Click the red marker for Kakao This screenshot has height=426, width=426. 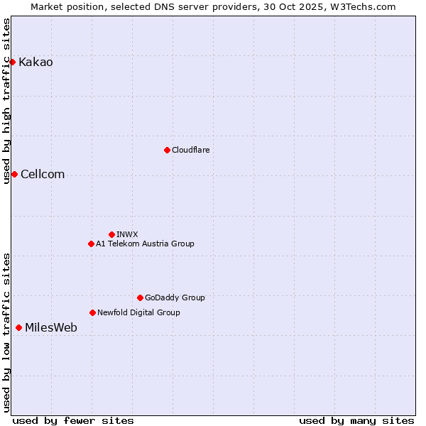12,62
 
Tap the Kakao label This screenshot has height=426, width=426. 35,62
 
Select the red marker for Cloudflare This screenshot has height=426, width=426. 167,150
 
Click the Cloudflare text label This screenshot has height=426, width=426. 190,150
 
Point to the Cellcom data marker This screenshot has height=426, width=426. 14,174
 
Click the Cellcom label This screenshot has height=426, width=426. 43,175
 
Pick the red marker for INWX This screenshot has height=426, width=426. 111,234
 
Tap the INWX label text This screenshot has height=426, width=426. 127,234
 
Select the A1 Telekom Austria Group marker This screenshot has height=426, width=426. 91,244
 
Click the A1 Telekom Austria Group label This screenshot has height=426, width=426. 145,244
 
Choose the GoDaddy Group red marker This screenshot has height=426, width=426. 140,297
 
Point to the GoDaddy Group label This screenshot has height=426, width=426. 175,297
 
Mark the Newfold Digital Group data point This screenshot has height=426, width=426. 92,312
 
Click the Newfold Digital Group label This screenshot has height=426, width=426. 138,312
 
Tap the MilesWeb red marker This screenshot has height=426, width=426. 18,327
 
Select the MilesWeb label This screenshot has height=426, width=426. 51,328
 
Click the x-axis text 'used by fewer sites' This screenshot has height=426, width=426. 73,420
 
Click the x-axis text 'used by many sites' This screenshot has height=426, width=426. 356,420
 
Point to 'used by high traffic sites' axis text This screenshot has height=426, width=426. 7,101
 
